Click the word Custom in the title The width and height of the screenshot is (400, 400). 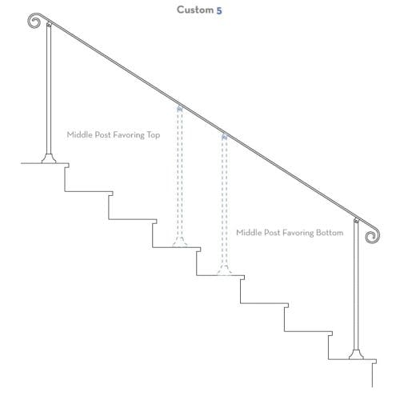195,10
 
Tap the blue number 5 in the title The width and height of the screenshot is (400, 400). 219,10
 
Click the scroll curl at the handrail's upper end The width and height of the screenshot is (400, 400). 34,21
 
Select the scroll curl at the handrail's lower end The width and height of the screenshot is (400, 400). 373,236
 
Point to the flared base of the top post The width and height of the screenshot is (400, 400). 49,158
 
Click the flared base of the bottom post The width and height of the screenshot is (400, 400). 356,354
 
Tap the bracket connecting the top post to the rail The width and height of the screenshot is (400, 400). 49,25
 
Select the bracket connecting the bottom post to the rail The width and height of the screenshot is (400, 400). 356,221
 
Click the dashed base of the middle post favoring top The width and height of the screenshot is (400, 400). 180,242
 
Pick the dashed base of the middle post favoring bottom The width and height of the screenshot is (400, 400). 224,270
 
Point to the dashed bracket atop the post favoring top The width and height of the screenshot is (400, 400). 180,108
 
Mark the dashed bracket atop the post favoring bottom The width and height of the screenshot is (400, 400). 224,136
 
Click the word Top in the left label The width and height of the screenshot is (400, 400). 154,135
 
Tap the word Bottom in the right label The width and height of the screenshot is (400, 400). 330,233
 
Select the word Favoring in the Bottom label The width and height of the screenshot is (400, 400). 298,233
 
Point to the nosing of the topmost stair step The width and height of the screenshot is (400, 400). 67,166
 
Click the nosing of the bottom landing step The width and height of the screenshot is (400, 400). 374,362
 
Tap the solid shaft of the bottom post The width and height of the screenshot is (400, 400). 356,286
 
